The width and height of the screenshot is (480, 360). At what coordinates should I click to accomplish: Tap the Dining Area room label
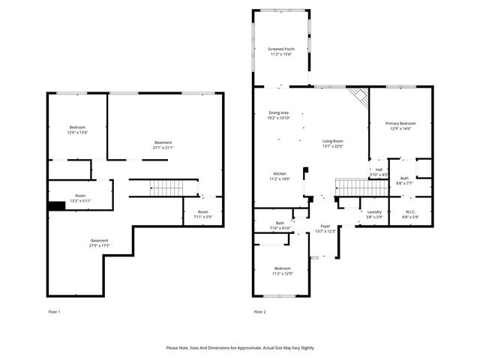(x=279, y=112)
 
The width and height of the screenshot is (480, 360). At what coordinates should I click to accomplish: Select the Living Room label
(x=333, y=141)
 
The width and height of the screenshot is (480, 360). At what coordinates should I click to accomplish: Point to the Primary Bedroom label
(x=400, y=123)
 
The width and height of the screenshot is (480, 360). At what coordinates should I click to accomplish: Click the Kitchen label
(x=279, y=174)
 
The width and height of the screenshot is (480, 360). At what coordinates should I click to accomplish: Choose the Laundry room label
(x=374, y=211)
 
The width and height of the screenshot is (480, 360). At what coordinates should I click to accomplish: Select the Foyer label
(x=325, y=226)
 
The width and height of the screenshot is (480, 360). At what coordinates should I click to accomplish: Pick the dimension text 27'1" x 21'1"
(x=163, y=148)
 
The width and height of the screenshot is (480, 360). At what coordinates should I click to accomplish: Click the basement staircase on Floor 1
(x=164, y=187)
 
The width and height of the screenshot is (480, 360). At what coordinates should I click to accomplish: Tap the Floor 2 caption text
(x=259, y=311)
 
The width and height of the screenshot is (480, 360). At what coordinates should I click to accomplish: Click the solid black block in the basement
(x=56, y=207)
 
